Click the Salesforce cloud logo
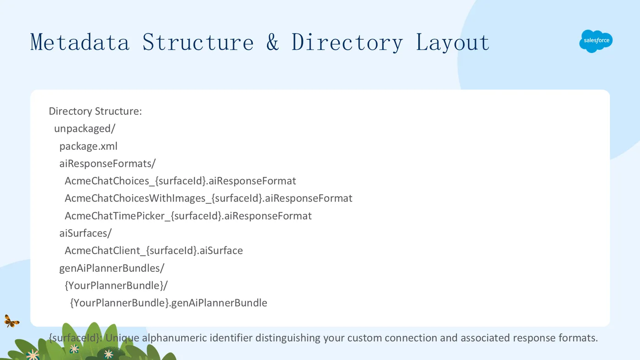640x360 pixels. tap(596, 41)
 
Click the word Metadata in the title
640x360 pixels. tap(80, 42)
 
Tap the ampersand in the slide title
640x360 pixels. tap(272, 42)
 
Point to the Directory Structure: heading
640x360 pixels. tap(95, 111)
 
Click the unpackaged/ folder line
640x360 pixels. tap(85, 129)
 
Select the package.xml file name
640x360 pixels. tap(88, 146)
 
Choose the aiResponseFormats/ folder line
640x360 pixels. tap(107, 164)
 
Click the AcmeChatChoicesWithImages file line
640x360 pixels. tap(208, 198)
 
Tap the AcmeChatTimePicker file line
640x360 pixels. tap(188, 216)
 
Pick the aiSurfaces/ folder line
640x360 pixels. tap(85, 233)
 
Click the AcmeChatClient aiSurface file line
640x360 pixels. tap(154, 251)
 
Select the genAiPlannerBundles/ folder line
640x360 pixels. tap(112, 268)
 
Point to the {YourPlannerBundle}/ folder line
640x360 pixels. tap(116, 286)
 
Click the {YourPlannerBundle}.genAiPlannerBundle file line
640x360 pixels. tap(169, 303)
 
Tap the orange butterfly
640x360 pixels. tap(11, 322)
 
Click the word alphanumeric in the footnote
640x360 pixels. tap(174, 338)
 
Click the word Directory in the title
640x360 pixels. tap(347, 43)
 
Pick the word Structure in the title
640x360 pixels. tap(198, 42)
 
